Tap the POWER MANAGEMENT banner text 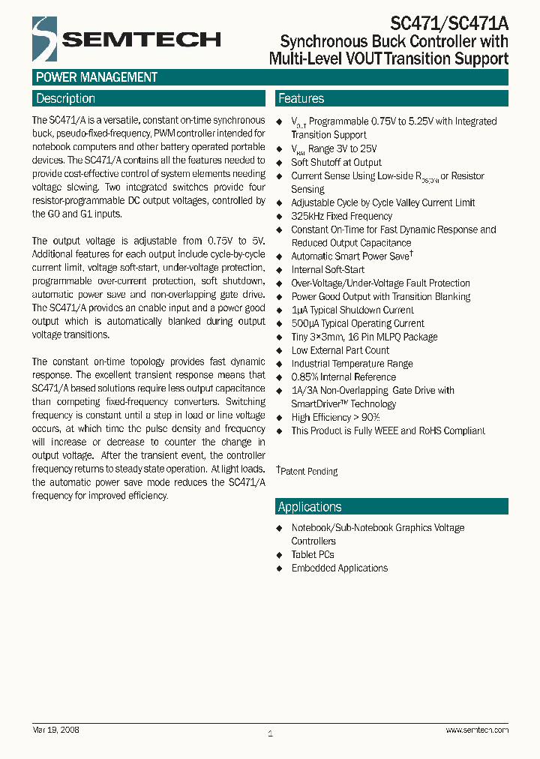click(x=97, y=77)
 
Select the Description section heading click(x=66, y=98)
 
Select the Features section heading click(x=301, y=98)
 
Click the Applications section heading click(x=310, y=507)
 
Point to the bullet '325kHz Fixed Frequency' click(x=341, y=216)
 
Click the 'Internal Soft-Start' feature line click(x=328, y=270)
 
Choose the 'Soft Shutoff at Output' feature click(x=336, y=162)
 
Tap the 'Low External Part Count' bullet click(x=340, y=350)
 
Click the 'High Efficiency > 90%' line click(x=335, y=418)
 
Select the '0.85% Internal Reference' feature click(x=343, y=377)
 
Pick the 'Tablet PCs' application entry click(x=313, y=555)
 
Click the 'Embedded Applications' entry click(x=339, y=568)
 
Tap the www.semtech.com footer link click(x=477, y=730)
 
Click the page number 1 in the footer click(x=270, y=733)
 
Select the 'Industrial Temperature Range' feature click(x=352, y=364)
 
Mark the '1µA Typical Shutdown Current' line click(x=352, y=310)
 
